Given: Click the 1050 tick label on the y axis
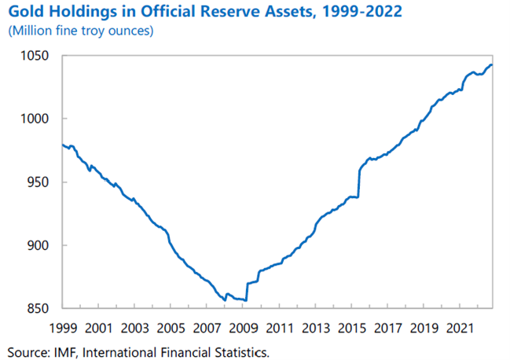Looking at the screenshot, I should [35, 57].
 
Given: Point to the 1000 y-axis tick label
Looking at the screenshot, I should [35, 119].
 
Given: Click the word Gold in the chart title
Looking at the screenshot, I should [26, 13].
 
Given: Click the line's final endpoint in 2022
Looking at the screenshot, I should [492, 65].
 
